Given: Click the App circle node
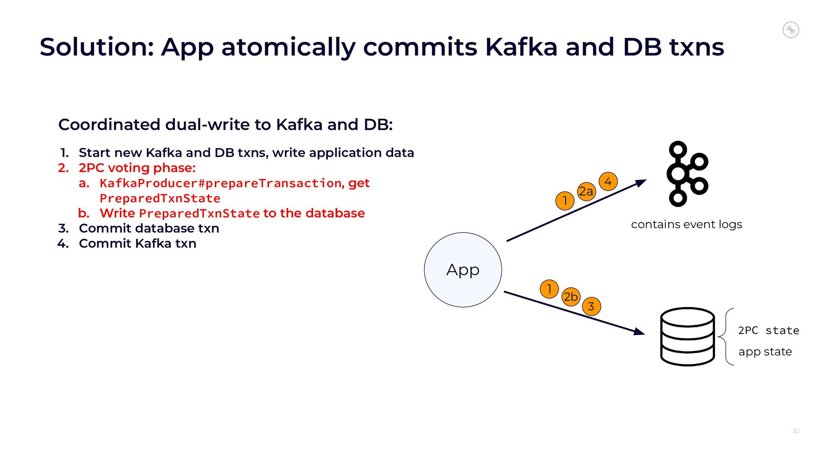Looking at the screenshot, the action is [463, 270].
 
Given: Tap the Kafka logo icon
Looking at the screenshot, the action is [686, 174].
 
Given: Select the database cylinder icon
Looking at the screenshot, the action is [687, 336].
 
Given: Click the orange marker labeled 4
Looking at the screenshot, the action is [608, 181].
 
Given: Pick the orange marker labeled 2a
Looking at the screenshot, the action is [586, 191].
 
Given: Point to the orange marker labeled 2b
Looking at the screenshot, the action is [571, 296].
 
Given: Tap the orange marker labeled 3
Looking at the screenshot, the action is [591, 306].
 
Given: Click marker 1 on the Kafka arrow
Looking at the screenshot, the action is [565, 201].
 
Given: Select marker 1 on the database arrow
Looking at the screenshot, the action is [549, 289].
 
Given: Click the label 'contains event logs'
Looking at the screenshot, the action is [686, 224].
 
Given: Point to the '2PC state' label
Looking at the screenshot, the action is [768, 330].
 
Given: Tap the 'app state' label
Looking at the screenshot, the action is [765, 351].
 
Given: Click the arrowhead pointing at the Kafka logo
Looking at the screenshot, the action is [642, 183].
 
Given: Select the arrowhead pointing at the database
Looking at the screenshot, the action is [640, 331].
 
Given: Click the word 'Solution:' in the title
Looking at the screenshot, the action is [97, 47].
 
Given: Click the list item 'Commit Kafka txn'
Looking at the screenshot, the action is [137, 243].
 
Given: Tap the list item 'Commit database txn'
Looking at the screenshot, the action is [149, 228].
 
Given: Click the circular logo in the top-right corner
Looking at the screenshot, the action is [791, 30].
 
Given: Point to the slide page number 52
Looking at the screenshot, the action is [796, 431].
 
